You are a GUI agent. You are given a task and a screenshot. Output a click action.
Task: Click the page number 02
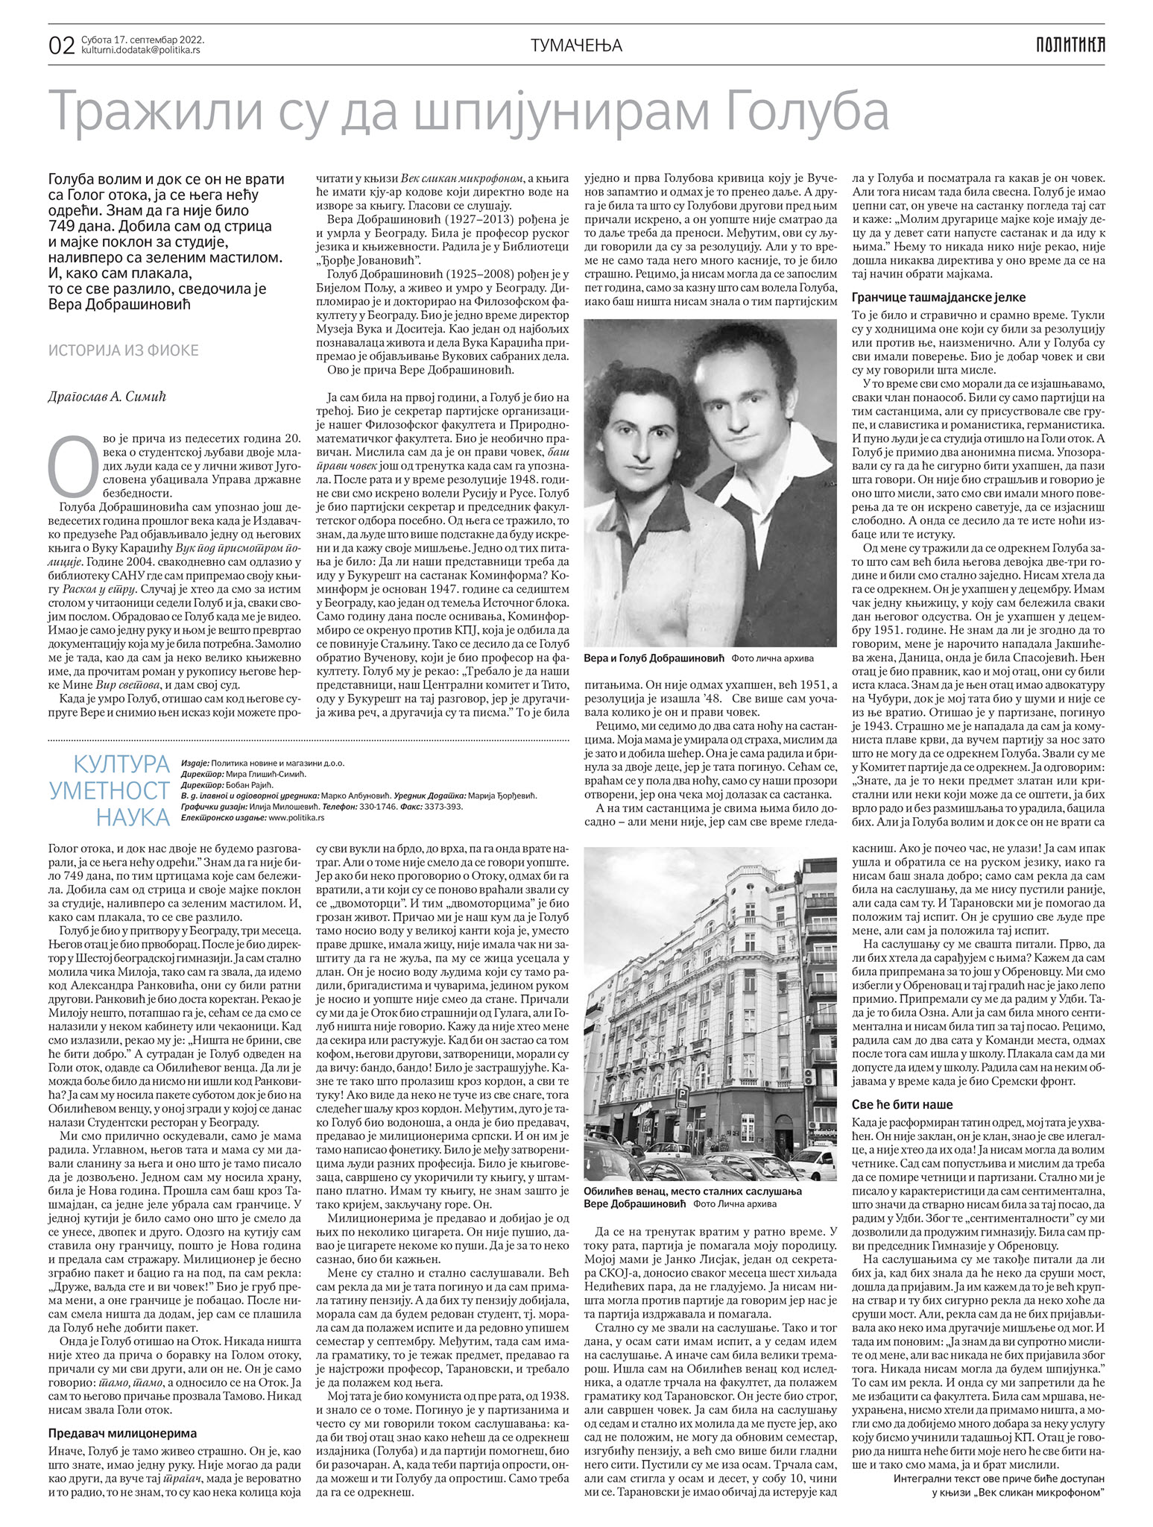(61, 46)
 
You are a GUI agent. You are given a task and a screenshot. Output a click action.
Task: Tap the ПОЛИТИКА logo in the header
(1070, 45)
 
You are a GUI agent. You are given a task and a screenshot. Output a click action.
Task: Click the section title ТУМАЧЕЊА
(576, 45)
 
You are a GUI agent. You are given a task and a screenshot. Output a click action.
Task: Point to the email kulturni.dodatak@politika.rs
(139, 51)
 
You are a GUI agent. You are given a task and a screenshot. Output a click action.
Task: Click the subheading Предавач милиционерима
(123, 1391)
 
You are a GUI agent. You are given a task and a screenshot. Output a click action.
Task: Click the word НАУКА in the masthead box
(133, 817)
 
